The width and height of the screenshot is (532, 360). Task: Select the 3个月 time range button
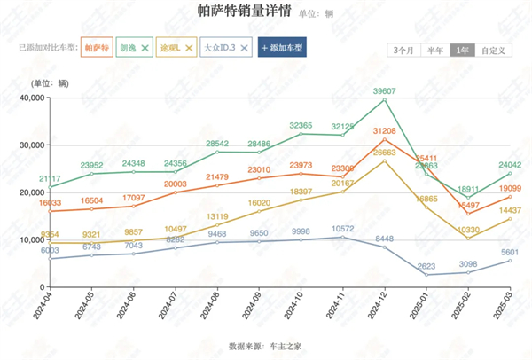(403, 51)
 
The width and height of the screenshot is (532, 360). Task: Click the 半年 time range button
(434, 51)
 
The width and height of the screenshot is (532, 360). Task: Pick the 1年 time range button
(461, 51)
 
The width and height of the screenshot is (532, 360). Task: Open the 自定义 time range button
(493, 51)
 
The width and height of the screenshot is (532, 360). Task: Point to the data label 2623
(427, 265)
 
